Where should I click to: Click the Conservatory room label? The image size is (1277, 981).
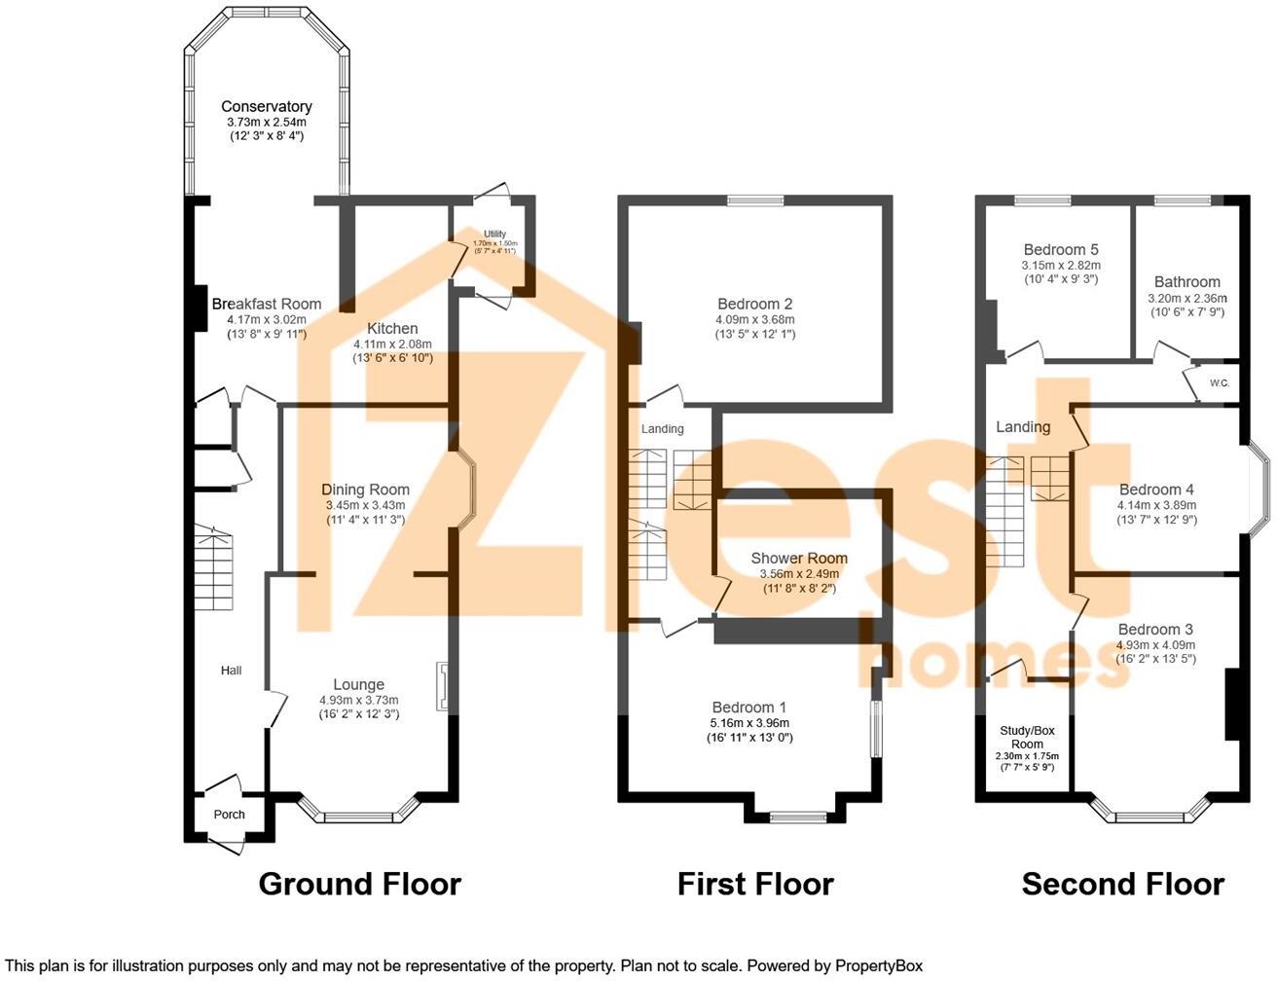pyautogui.click(x=266, y=106)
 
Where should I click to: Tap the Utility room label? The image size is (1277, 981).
pyautogui.click(x=495, y=234)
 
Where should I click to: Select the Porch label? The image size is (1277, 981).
pyautogui.click(x=230, y=815)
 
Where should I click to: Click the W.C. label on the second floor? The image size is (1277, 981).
pyautogui.click(x=1220, y=382)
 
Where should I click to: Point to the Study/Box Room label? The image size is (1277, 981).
pyautogui.click(x=1026, y=737)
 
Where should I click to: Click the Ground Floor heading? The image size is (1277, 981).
pyautogui.click(x=359, y=884)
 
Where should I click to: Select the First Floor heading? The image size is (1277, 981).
pyautogui.click(x=755, y=884)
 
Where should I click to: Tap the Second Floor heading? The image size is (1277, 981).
pyautogui.click(x=1122, y=884)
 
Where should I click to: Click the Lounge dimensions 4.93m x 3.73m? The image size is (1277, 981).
pyautogui.click(x=358, y=700)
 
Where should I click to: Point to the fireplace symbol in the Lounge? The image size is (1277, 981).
pyautogui.click(x=443, y=686)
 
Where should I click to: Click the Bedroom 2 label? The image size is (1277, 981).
pyautogui.click(x=754, y=304)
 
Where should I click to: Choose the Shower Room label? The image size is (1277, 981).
pyautogui.click(x=798, y=559)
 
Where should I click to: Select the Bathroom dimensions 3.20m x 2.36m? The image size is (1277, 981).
pyautogui.click(x=1187, y=298)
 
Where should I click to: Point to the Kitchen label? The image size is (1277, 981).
pyautogui.click(x=392, y=328)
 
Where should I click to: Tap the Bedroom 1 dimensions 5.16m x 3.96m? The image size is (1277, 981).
pyautogui.click(x=749, y=723)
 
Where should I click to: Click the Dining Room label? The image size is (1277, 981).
pyautogui.click(x=365, y=490)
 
